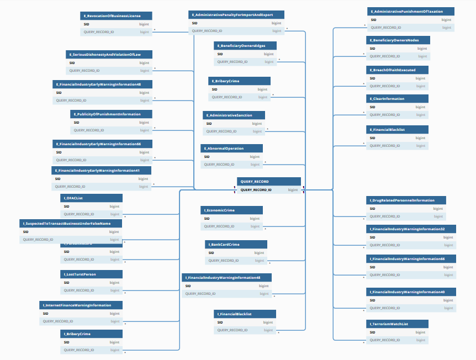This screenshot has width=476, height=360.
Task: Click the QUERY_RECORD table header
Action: (269, 181)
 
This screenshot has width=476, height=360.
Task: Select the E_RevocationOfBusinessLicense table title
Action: (115, 16)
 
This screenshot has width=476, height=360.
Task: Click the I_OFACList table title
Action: (91, 198)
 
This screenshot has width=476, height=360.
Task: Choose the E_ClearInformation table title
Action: (396, 99)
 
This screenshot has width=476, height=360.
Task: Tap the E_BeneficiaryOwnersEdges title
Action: (245, 46)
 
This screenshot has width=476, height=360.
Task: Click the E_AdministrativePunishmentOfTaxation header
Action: (411, 12)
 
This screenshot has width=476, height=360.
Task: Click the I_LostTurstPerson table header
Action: (91, 274)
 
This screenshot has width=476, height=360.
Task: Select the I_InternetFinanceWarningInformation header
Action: (81, 305)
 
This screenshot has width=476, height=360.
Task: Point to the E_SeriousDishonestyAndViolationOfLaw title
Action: (109, 54)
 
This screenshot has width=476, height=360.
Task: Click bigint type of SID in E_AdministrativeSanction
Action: (257, 124)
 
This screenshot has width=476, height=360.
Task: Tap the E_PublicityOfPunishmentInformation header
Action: (112, 114)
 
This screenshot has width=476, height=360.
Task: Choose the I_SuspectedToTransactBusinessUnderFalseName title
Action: (70, 224)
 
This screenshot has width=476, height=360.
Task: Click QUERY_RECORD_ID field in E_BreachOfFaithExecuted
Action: (384, 86)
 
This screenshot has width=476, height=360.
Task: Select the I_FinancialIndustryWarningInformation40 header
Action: (410, 292)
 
